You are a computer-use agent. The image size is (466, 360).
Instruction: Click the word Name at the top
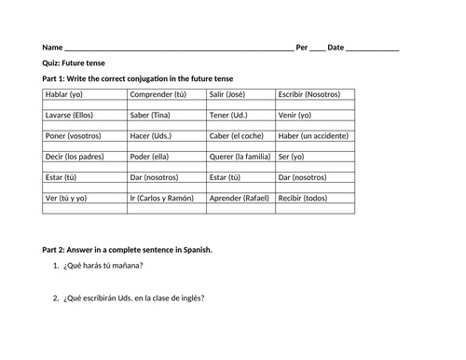tap(52, 48)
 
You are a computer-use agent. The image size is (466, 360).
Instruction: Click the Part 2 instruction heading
tap(128, 250)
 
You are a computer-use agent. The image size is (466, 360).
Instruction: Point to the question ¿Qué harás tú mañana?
tap(103, 266)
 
